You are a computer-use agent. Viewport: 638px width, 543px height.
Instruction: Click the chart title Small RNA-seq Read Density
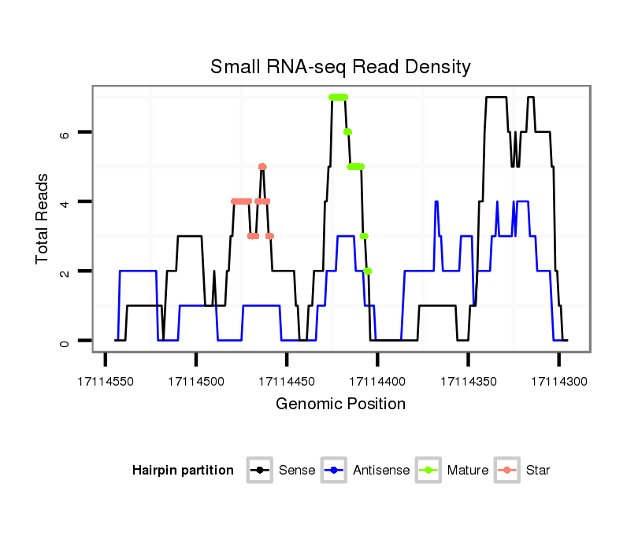pos(340,67)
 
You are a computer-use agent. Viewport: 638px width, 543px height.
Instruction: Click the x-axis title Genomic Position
pos(340,404)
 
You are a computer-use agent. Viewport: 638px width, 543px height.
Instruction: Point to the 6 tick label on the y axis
pos(66,133)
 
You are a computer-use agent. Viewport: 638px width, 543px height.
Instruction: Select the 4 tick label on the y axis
pos(66,202)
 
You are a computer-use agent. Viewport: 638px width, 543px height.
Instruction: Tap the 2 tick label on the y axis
pos(66,271)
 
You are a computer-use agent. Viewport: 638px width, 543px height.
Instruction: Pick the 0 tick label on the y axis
pos(66,341)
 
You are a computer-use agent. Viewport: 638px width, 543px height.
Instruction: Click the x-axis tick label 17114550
pos(106,381)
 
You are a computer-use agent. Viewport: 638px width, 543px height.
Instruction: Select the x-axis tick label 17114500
pos(196,381)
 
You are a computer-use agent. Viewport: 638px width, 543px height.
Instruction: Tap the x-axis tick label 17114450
pos(287,381)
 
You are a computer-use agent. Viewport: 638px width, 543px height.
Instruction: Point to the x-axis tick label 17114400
pos(377,381)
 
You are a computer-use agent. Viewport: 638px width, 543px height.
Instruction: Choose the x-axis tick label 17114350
pos(468,381)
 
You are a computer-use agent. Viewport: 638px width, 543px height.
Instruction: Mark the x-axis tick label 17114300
pos(558,381)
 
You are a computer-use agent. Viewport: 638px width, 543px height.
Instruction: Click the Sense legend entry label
pos(297,471)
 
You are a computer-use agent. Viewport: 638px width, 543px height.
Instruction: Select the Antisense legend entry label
pos(381,471)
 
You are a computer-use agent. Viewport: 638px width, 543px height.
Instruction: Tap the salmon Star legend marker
pos(508,471)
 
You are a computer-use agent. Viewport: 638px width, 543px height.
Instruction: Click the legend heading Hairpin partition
pos(183,471)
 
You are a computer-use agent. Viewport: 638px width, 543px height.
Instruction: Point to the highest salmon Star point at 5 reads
pos(262,167)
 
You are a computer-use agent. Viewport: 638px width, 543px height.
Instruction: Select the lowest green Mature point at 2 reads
pos(368,271)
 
